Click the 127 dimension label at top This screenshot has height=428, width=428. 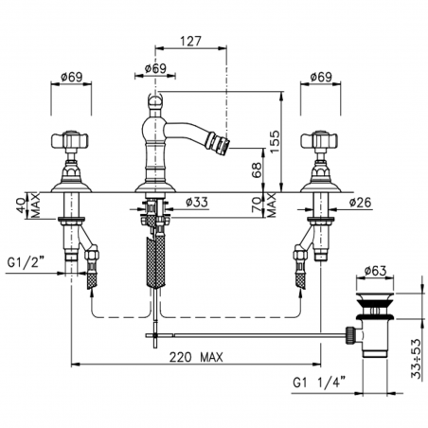click(190, 41)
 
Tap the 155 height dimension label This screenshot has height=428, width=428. click(275, 141)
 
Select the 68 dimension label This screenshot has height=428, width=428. click(258, 170)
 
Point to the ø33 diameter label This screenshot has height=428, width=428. click(197, 202)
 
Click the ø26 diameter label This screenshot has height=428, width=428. click(361, 203)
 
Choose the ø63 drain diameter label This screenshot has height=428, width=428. click(375, 271)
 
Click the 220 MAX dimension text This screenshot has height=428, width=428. click(196, 357)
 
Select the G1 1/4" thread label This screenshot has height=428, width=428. click(319, 383)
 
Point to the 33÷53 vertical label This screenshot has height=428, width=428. click(417, 359)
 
